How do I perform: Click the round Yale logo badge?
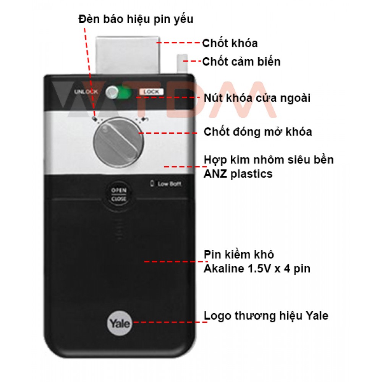pyautogui.click(x=119, y=323)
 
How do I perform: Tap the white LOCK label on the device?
pyautogui.click(x=151, y=92)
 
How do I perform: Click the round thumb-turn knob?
pyautogui.click(x=119, y=142)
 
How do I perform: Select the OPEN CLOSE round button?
pyautogui.click(x=119, y=195)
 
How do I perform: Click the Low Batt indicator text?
pyautogui.click(x=167, y=184)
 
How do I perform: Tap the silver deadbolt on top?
pyautogui.click(x=128, y=55)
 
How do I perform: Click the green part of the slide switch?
pyautogui.click(x=125, y=93)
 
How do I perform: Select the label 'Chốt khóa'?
pyautogui.click(x=230, y=44)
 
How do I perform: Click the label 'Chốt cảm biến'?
pyautogui.click(x=241, y=62)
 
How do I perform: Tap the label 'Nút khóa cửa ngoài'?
pyautogui.click(x=257, y=98)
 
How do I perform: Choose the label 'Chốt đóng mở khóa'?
pyautogui.click(x=258, y=132)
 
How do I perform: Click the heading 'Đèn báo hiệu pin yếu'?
pyautogui.click(x=136, y=19)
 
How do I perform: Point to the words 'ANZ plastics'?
pyautogui.click(x=238, y=174)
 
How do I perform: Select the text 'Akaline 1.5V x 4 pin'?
pyautogui.click(x=257, y=269)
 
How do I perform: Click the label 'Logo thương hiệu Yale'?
pyautogui.click(x=266, y=316)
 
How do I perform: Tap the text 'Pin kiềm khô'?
pyautogui.click(x=239, y=254)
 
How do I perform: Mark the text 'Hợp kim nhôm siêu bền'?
pyautogui.click(x=269, y=160)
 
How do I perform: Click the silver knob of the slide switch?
pyautogui.click(x=112, y=92)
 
